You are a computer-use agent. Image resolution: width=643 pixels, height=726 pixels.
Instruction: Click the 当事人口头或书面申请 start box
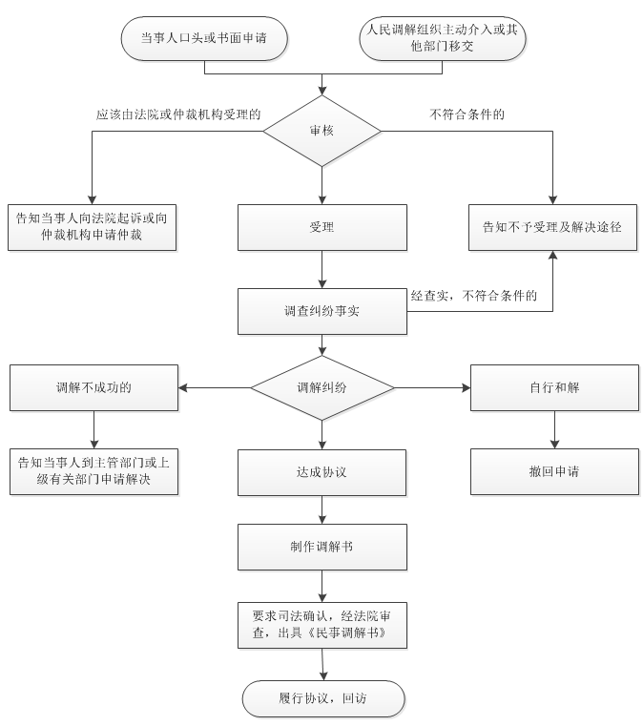point(204,38)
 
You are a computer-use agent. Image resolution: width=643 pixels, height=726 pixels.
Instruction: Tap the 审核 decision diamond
point(322,131)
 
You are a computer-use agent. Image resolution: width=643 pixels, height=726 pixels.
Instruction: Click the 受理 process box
point(322,227)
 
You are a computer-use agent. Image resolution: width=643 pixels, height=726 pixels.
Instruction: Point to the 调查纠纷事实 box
point(322,311)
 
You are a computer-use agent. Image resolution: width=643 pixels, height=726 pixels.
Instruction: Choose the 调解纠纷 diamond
point(322,388)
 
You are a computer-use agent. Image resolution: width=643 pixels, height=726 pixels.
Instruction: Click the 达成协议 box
point(322,471)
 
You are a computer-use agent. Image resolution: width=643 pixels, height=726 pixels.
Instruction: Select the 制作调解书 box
point(322,547)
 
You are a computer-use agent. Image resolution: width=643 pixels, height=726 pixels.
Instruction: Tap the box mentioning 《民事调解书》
point(322,625)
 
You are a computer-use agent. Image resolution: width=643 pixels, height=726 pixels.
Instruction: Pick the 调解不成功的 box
point(93,388)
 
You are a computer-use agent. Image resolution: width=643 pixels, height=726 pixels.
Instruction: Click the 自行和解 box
point(554,388)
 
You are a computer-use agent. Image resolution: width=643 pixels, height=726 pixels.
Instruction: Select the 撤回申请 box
point(554,471)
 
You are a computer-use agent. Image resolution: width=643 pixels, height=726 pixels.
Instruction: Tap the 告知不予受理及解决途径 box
point(552,227)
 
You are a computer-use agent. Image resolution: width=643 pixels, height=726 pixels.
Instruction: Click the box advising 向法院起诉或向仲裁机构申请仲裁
point(92,227)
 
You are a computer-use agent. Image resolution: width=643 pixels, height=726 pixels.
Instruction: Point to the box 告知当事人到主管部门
point(93,471)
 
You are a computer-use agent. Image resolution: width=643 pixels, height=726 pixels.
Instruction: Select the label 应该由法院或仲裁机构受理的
point(178,114)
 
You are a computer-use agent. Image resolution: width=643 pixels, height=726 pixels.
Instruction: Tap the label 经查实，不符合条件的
point(474,296)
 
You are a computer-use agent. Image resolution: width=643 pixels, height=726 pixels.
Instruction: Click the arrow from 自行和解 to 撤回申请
point(554,429)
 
